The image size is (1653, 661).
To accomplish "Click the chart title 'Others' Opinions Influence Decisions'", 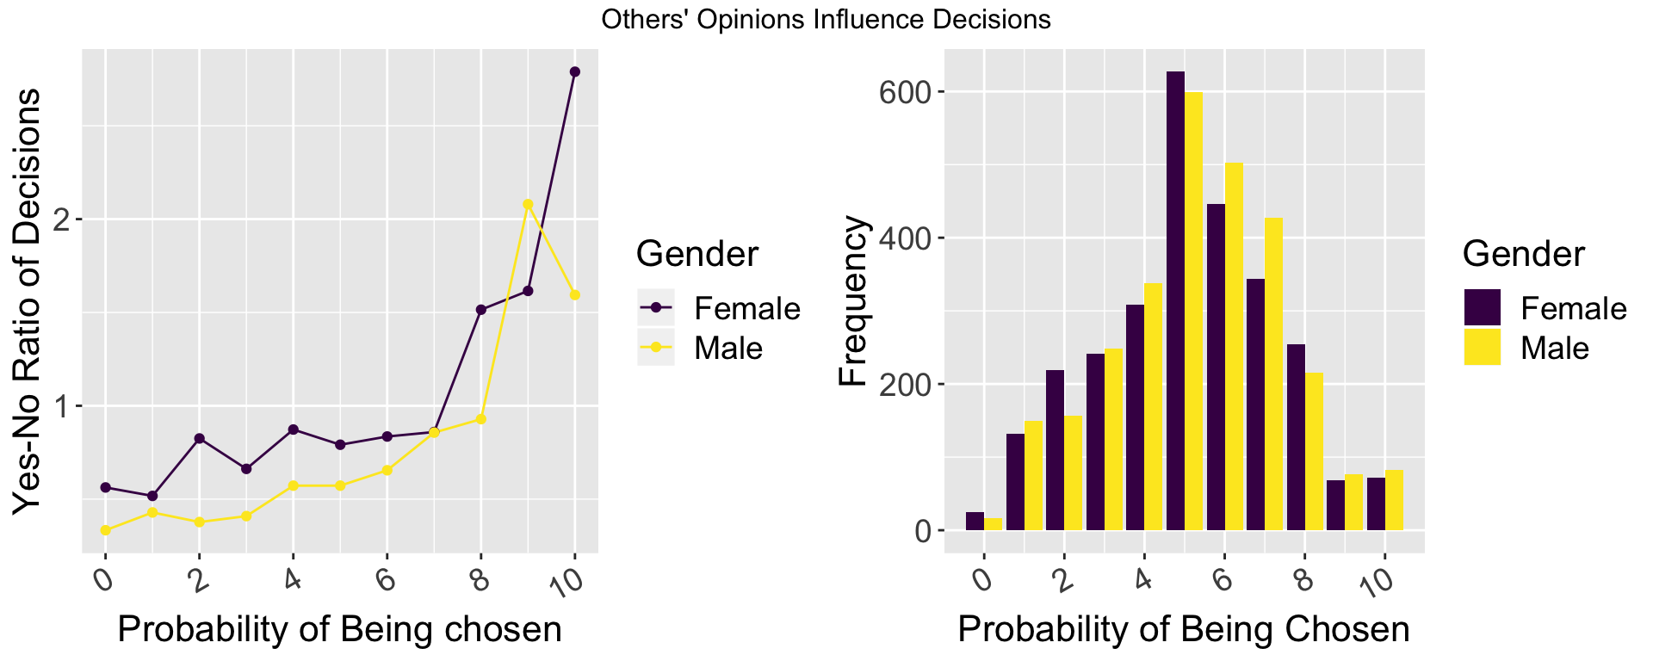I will pos(826,20).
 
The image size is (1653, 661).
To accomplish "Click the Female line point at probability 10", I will pos(575,71).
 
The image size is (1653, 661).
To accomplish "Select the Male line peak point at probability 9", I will pos(529,204).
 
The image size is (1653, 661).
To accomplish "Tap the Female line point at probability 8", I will pos(481,310).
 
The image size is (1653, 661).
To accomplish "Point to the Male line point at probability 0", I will pos(106,530).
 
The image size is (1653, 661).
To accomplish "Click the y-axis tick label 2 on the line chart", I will pos(62,219).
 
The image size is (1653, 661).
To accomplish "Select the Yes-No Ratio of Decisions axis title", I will pos(28,301).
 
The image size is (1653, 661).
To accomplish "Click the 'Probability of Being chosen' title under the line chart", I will pos(339,629).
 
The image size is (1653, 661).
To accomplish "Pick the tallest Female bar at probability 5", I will pos(1175,301).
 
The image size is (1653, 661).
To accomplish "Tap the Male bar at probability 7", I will pos(1273,374).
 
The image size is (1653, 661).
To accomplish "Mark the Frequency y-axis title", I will pos(853,301).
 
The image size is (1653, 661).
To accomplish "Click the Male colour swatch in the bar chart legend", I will pos(1482,348).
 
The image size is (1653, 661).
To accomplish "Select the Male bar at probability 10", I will pos(1394,500).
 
